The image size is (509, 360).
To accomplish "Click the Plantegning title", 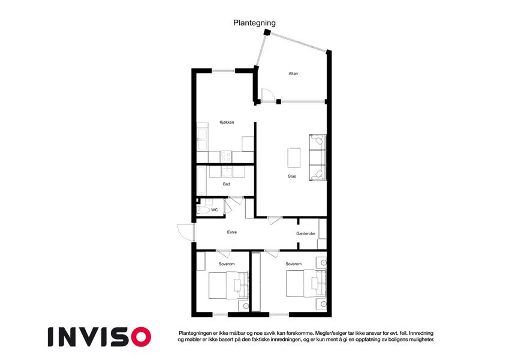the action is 254,23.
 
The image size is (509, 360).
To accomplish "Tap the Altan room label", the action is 293,74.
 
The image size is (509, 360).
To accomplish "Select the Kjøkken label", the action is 227,122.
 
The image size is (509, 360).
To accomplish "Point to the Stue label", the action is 292,176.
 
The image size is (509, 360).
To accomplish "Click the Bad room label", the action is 226,184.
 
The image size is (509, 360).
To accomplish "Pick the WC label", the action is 214,210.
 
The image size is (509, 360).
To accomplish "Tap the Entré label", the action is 232,232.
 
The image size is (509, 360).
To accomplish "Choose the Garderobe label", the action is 306,233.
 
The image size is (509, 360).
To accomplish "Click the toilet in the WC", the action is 203,210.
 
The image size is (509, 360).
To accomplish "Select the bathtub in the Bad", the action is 201,181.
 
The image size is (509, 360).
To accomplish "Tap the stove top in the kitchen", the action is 226,157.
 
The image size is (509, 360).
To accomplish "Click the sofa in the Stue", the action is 318,157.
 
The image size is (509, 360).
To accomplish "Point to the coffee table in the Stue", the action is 294,158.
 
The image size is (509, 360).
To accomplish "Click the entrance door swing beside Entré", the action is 185,232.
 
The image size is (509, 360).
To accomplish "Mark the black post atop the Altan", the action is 267,32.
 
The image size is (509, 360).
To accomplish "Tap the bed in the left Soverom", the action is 228,285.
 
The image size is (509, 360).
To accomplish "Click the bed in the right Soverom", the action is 306,284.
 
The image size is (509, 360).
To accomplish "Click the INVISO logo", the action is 100,337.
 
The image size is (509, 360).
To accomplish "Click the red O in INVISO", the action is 141,337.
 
